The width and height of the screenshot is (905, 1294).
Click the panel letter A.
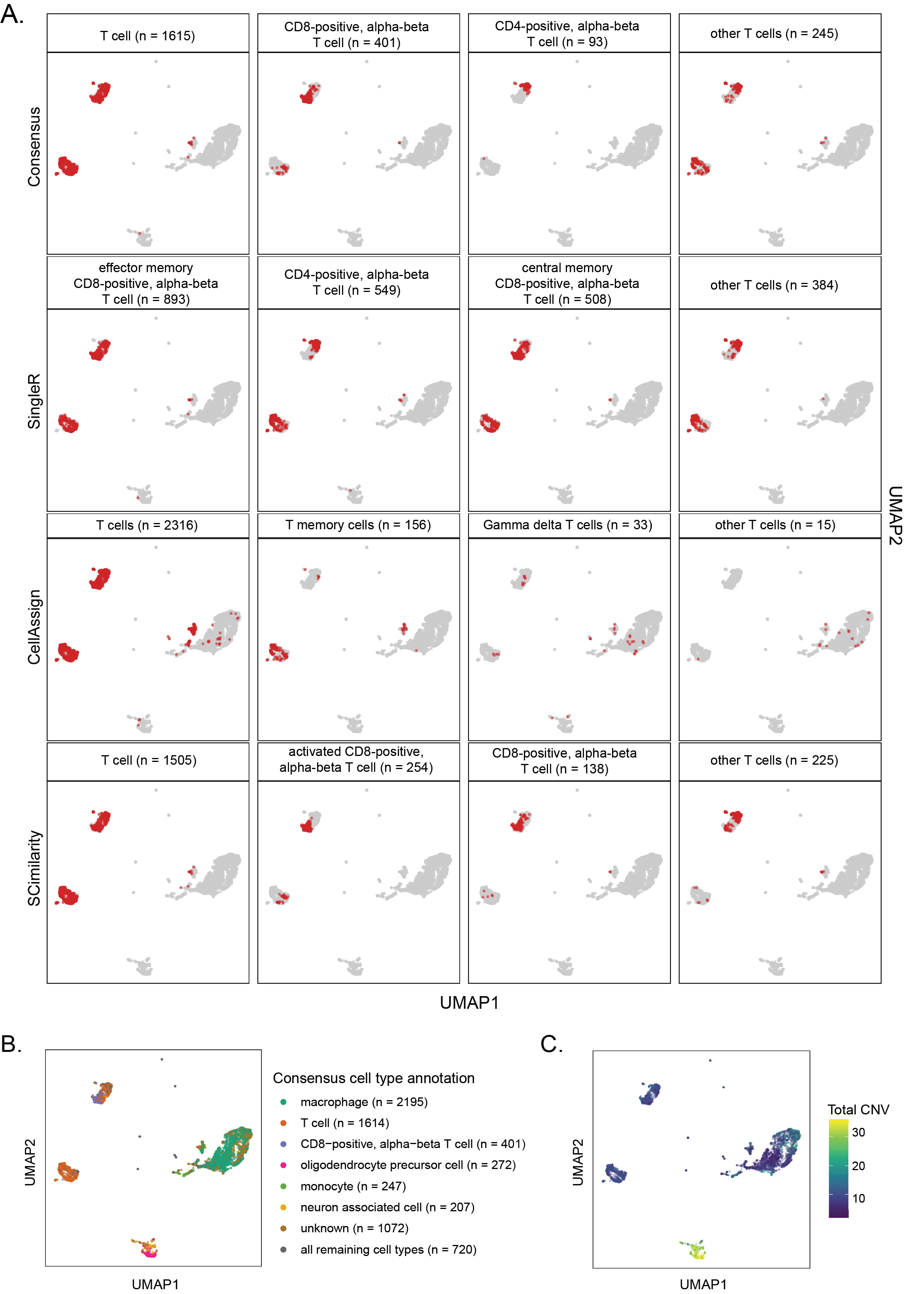click(12, 15)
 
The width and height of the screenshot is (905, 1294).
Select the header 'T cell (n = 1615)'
click(147, 36)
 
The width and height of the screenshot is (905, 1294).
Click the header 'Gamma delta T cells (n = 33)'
click(568, 525)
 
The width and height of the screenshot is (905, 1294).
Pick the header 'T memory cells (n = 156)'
click(358, 525)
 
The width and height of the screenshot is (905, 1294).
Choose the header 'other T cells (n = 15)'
click(775, 525)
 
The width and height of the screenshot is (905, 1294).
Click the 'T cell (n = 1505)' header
click(149, 760)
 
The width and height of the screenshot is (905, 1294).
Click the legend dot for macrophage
click(283, 1102)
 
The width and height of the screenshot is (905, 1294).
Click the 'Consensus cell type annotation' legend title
click(373, 1078)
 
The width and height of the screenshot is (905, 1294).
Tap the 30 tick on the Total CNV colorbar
click(858, 1132)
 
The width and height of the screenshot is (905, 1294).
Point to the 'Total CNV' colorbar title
click(858, 1110)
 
